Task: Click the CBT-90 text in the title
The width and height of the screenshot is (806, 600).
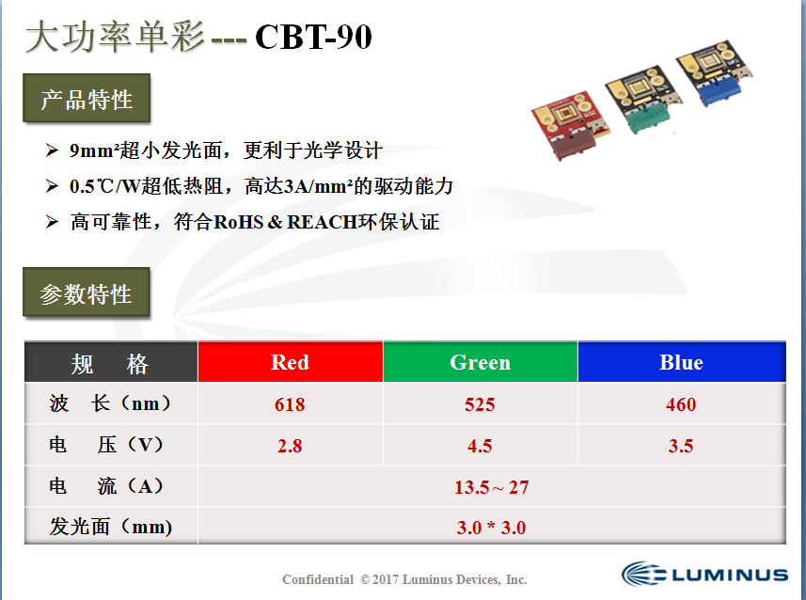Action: coord(313,37)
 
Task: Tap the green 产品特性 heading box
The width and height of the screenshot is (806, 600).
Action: coord(87,98)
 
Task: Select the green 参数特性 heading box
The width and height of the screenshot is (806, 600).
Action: coord(87,292)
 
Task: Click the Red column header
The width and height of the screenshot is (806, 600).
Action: coord(291,362)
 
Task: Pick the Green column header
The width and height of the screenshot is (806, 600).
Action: coord(480,362)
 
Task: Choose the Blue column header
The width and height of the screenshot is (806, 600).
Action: coord(682,362)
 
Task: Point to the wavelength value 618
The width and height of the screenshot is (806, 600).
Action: coord(290,404)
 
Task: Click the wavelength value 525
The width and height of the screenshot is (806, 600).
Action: coord(480,404)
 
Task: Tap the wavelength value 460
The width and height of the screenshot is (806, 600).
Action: coord(681,404)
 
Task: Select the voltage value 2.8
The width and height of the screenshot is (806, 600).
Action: coord(290,446)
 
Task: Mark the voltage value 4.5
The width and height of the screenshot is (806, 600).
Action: coord(480,446)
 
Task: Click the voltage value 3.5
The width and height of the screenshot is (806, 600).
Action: coord(681,446)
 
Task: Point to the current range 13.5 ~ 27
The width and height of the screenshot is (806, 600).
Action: coord(492,487)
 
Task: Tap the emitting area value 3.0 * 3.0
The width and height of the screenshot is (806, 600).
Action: coord(492,528)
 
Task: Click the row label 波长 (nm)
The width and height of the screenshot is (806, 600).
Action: coord(110,403)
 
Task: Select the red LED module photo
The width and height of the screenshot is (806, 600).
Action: coord(570,125)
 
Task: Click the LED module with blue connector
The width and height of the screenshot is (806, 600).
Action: coord(715,73)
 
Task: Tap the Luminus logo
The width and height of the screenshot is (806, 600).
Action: coord(704,574)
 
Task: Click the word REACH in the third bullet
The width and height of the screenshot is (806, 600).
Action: coord(323,222)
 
